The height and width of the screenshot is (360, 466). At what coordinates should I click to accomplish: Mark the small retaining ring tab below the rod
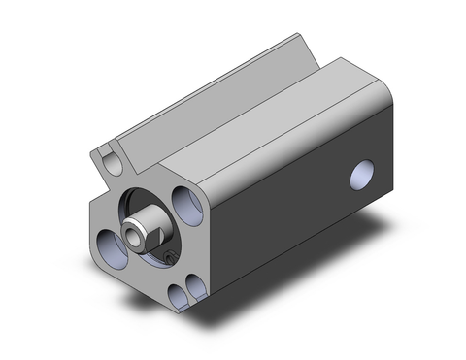click(x=170, y=258)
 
